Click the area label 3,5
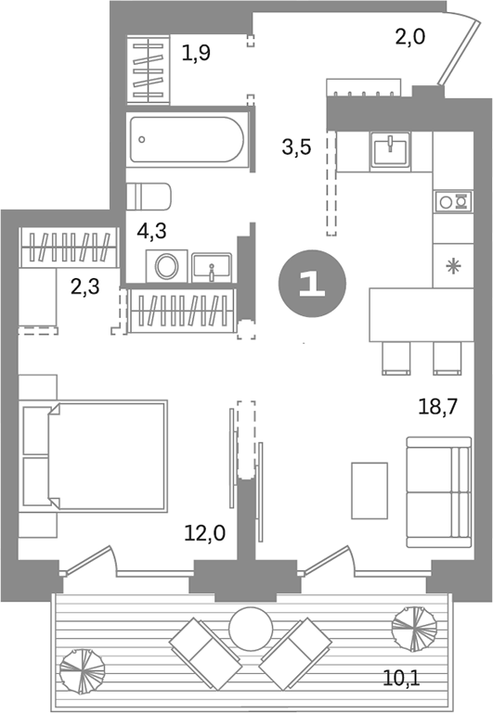pyautogui.click(x=296, y=146)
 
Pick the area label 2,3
pyautogui.click(x=86, y=287)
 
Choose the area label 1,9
pyautogui.click(x=196, y=53)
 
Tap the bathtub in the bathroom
pyautogui.click(x=188, y=139)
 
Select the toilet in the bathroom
pyautogui.click(x=149, y=197)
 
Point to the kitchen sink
pyautogui.click(x=391, y=149)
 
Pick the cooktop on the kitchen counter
pyautogui.click(x=453, y=201)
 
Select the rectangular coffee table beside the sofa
pyautogui.click(x=368, y=490)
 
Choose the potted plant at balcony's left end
pyautogui.click(x=81, y=666)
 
